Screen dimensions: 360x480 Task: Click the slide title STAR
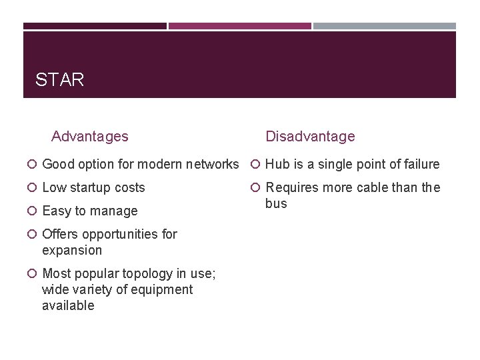tap(59, 81)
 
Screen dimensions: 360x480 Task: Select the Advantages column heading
tap(89, 137)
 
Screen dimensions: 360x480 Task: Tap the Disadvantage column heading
tap(310, 137)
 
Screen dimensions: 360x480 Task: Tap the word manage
tap(115, 211)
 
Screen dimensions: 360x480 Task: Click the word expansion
tap(72, 251)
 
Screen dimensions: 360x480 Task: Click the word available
tap(68, 306)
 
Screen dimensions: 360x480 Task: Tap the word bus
tap(276, 204)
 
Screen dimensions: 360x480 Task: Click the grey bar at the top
tap(385, 26)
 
